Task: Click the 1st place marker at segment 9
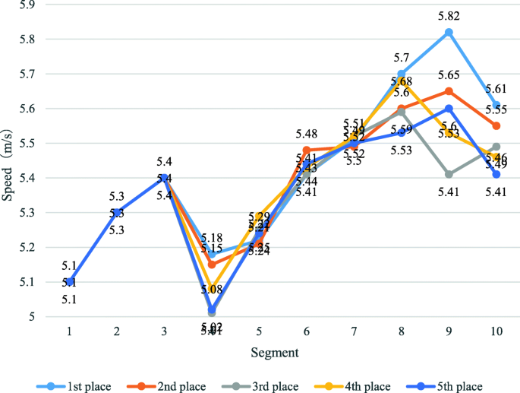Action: pos(449,32)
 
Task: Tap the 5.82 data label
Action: pos(449,16)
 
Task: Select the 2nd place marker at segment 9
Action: pos(449,91)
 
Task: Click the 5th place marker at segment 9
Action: pos(449,109)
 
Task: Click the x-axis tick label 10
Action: pos(496,332)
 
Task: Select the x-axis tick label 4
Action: pos(211,332)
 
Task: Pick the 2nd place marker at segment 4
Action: pos(211,265)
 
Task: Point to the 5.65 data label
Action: pos(449,75)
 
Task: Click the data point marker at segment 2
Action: pos(116,213)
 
